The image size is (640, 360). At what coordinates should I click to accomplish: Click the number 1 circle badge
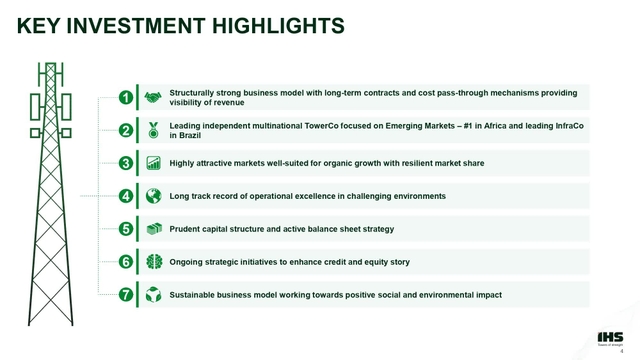(x=126, y=97)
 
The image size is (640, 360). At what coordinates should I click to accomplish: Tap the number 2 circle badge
(x=126, y=130)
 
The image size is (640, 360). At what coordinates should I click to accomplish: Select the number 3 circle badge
(x=126, y=163)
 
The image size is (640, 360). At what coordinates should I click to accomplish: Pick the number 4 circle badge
(x=126, y=196)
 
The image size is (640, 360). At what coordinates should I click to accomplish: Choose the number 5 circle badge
(x=126, y=229)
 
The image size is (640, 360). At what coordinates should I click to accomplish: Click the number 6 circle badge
(x=126, y=262)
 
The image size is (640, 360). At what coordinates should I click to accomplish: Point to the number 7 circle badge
(x=126, y=295)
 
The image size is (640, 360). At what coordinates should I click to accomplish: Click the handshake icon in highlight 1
(x=153, y=97)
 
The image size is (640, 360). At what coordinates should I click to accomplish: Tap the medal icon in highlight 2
(x=153, y=130)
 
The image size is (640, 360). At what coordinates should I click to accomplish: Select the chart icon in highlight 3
(x=153, y=163)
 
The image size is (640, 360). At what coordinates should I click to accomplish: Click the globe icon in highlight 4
(x=153, y=196)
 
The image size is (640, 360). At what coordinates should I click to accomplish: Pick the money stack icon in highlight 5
(x=153, y=229)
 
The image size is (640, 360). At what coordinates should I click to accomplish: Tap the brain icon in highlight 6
(x=153, y=262)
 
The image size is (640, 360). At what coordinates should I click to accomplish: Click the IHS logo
(x=607, y=334)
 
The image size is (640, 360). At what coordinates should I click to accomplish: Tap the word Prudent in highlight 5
(x=187, y=229)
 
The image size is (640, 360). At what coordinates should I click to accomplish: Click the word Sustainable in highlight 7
(x=194, y=295)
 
